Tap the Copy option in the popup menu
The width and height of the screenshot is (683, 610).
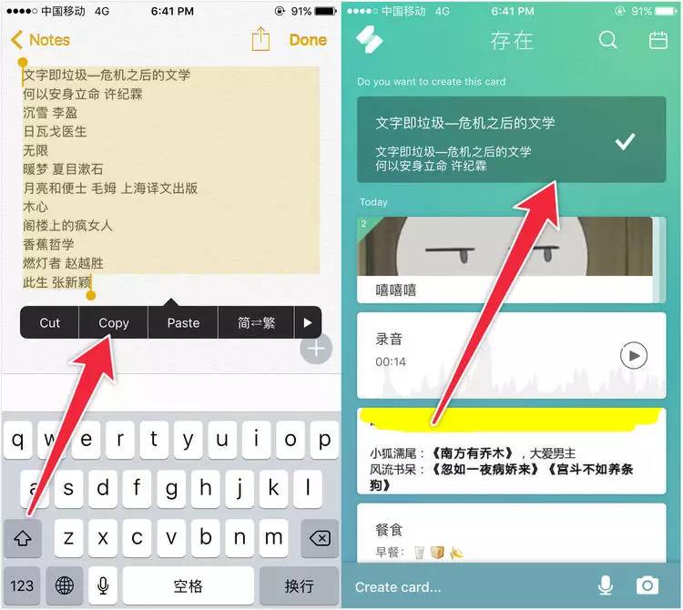pyautogui.click(x=114, y=322)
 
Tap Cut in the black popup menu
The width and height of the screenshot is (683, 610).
pyautogui.click(x=49, y=322)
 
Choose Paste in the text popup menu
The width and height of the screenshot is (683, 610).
pyautogui.click(x=183, y=322)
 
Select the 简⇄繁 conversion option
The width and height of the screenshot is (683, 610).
pyautogui.click(x=256, y=322)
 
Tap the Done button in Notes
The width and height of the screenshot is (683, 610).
pyautogui.click(x=308, y=40)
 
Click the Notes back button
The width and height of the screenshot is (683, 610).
pyautogui.click(x=40, y=40)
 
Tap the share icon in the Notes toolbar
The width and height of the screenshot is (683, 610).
pyautogui.click(x=260, y=39)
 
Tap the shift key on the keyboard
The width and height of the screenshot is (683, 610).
pyautogui.click(x=23, y=538)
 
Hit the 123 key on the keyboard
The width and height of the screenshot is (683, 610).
pyautogui.click(x=22, y=585)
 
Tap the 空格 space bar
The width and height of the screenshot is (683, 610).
pyautogui.click(x=189, y=585)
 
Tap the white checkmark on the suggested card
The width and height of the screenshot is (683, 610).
pyautogui.click(x=625, y=141)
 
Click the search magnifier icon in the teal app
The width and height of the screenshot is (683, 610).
pyautogui.click(x=608, y=40)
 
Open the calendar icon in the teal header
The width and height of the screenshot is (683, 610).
pyautogui.click(x=658, y=40)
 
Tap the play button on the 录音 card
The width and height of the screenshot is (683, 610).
pyautogui.click(x=634, y=356)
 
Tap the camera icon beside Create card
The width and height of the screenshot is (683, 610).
pyautogui.click(x=647, y=585)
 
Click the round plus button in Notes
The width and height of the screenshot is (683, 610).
pyautogui.click(x=316, y=349)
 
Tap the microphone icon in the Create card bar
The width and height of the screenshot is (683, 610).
pyautogui.click(x=606, y=585)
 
